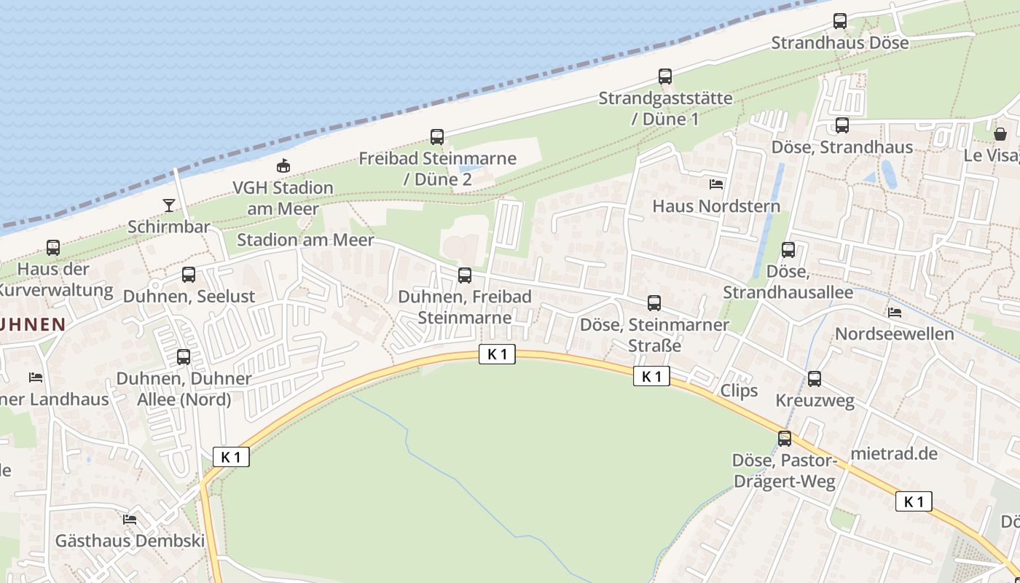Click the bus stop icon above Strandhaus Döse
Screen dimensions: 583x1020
(x=840, y=21)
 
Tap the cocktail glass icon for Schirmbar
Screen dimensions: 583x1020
(x=169, y=206)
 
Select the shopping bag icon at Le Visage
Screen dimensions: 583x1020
(x=1000, y=134)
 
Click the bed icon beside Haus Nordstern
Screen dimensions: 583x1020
(x=716, y=184)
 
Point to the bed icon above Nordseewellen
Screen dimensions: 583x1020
(x=895, y=313)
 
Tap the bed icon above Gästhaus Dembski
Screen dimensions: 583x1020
(x=130, y=520)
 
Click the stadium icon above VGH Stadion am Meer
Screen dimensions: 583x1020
(x=283, y=166)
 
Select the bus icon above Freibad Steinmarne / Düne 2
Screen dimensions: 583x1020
(x=437, y=137)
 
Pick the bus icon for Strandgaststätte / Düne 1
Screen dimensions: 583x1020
(x=664, y=77)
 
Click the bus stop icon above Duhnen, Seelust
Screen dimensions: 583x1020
(x=189, y=275)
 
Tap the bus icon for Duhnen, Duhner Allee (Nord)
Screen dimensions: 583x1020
(x=184, y=357)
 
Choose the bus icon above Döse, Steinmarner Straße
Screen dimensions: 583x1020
(x=654, y=303)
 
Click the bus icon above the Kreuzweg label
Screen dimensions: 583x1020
(x=815, y=379)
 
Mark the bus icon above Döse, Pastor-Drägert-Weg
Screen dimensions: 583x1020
(x=785, y=439)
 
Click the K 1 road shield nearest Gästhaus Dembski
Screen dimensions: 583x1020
(x=231, y=457)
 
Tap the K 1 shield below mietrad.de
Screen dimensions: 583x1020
(x=914, y=501)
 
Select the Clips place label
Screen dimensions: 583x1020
(x=739, y=391)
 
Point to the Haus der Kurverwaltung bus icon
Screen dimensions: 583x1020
(x=53, y=248)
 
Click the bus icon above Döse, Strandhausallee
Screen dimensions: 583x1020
(x=788, y=250)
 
